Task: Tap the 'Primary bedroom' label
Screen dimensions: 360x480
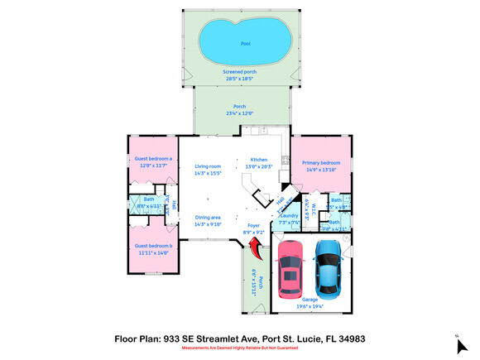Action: [320, 163]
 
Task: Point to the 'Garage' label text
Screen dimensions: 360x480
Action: [309, 300]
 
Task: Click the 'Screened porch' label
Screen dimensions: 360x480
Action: [238, 72]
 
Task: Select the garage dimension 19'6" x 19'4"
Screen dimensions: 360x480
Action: [309, 306]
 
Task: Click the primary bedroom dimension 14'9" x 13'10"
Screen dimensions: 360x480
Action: [320, 170]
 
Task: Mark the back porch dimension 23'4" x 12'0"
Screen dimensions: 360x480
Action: [239, 113]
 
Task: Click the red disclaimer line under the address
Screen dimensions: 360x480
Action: [239, 348]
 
